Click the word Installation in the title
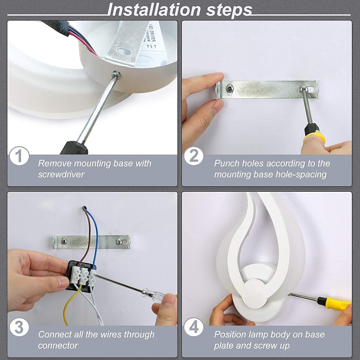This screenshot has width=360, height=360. [154, 9]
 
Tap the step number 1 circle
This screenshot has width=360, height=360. [19, 156]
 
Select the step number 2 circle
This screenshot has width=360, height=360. [194, 156]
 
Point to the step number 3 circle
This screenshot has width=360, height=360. [19, 327]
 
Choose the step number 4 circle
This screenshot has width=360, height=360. [194, 327]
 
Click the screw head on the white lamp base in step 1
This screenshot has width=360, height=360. [117, 75]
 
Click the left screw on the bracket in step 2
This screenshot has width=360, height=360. [229, 88]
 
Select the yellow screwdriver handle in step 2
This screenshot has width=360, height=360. [314, 138]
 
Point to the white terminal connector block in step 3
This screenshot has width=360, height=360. [85, 275]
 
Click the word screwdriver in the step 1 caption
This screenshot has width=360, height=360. [61, 174]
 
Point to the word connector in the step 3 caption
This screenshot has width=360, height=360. [58, 345]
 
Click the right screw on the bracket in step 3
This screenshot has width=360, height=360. [119, 242]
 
